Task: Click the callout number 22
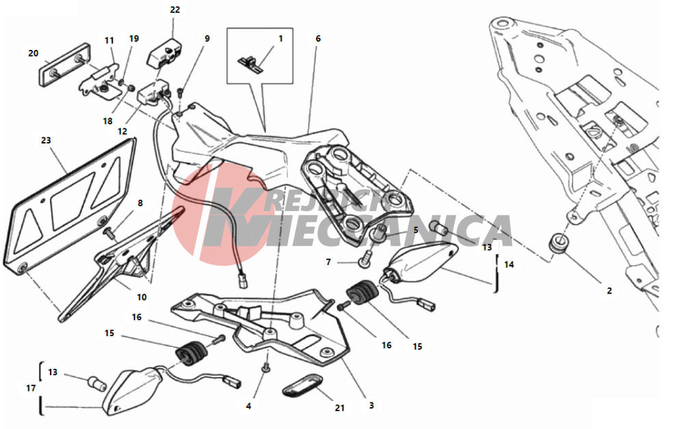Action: (175, 10)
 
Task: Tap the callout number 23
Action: (46, 140)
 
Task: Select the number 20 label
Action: (33, 53)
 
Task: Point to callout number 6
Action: (318, 38)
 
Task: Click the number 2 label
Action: (609, 290)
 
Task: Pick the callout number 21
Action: (340, 408)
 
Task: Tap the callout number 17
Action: (31, 387)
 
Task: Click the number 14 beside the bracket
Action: (509, 264)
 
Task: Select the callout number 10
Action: (142, 297)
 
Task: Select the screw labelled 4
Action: (265, 368)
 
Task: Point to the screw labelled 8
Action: (109, 233)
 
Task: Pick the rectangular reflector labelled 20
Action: (65, 64)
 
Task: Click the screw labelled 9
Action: (181, 92)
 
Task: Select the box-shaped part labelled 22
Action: (163, 51)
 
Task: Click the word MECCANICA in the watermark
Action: (382, 231)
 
